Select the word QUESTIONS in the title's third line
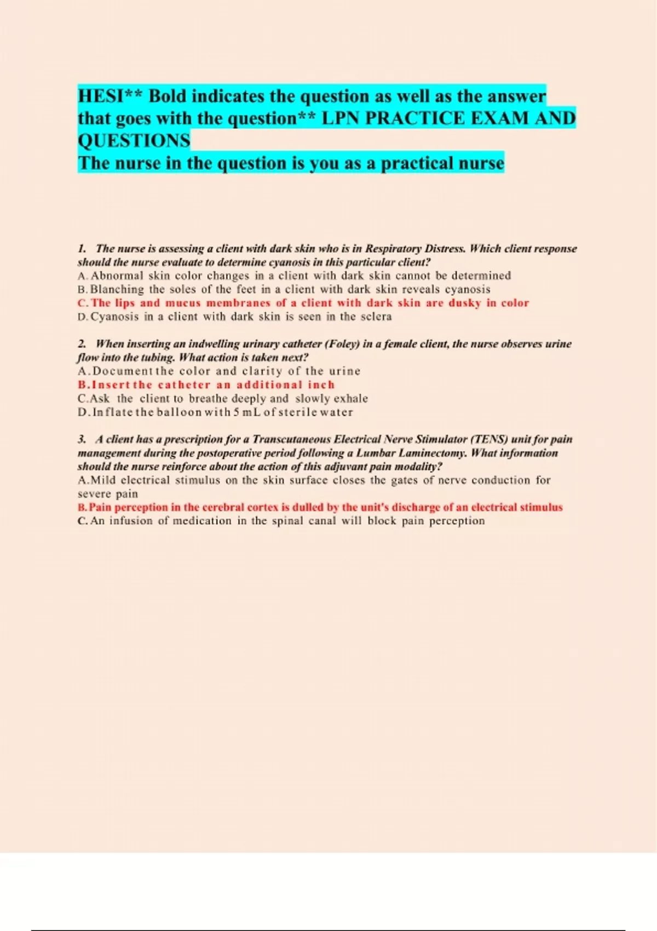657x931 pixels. pyautogui.click(x=134, y=141)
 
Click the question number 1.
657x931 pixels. pyautogui.click(x=82, y=249)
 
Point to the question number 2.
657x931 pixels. pyautogui.click(x=82, y=344)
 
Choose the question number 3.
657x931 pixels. pyautogui.click(x=82, y=439)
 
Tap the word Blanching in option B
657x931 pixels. pyautogui.click(x=117, y=289)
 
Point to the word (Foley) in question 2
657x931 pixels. pyautogui.click(x=342, y=344)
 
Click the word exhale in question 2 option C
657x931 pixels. pyautogui.click(x=350, y=399)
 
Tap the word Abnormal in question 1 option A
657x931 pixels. pyautogui.click(x=117, y=275)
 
